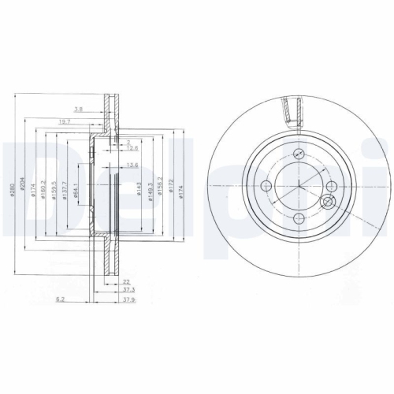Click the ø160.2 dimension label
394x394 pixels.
click(43, 192)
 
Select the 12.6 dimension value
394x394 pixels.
click(133, 147)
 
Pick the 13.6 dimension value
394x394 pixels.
click(132, 165)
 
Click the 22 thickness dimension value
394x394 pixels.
click(126, 281)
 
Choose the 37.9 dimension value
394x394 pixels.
click(128, 299)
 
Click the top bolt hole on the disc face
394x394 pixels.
click(299, 155)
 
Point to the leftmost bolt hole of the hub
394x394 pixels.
click(266, 187)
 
